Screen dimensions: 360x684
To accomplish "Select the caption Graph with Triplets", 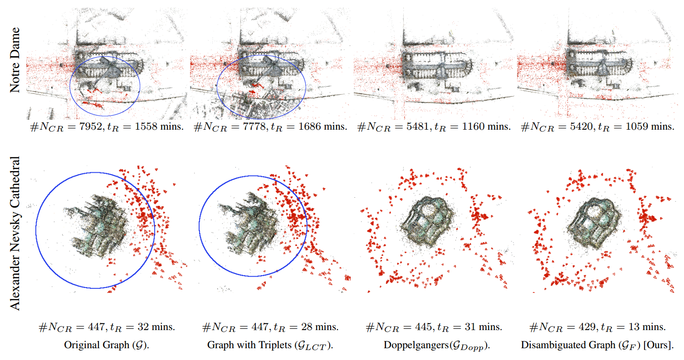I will pos(270,345).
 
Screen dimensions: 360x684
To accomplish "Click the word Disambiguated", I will pos(548,345).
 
